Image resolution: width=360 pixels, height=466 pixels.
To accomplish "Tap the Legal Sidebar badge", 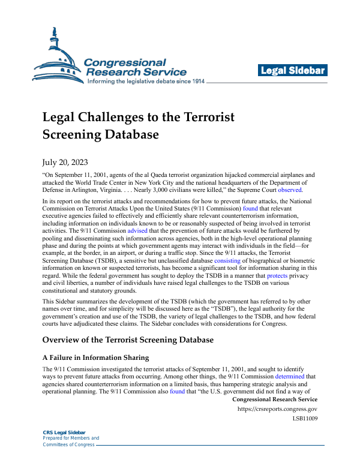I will [293, 71].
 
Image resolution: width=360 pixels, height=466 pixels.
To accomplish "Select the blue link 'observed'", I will [290, 190].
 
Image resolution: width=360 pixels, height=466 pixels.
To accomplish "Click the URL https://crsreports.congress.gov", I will [278, 409].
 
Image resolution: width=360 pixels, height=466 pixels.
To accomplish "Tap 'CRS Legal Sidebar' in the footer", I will [64, 432].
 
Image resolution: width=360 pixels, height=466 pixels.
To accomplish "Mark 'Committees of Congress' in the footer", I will [67, 444].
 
